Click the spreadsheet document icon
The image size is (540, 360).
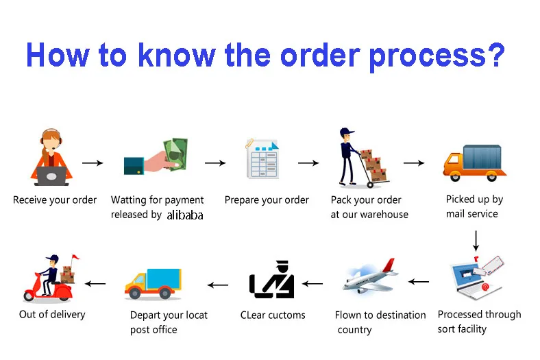262,159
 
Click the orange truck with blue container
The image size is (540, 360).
474,163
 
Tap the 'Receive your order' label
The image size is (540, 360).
55,200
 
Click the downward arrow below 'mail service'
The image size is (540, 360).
475,240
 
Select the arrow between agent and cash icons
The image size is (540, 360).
92,163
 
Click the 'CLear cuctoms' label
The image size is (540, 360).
273,315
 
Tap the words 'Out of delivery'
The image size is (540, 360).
52,314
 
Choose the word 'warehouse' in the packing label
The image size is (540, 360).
380,215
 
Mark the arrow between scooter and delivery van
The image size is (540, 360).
95,283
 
